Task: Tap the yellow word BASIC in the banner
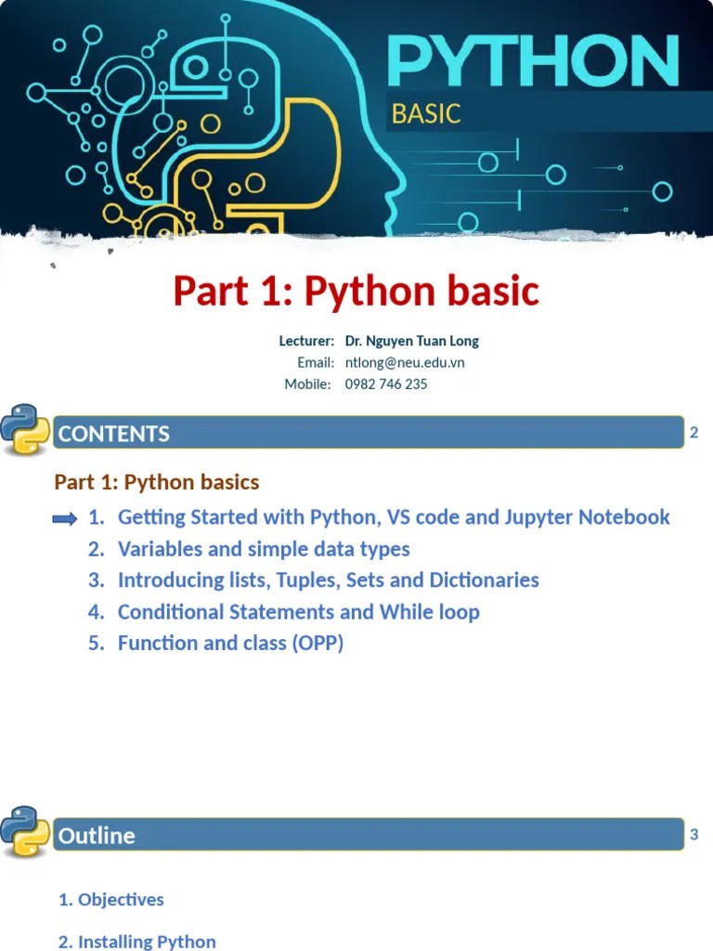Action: (x=426, y=114)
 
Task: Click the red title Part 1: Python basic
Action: (x=356, y=292)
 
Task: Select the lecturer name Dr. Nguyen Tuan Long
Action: (x=411, y=341)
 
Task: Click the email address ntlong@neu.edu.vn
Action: (x=405, y=362)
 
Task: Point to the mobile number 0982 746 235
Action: (x=386, y=384)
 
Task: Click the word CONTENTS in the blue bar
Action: (x=113, y=434)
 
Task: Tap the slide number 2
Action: (x=694, y=433)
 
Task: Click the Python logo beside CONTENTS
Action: (x=25, y=429)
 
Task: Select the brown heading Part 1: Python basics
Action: (x=157, y=482)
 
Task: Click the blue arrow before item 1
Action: (x=65, y=518)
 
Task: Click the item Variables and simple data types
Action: (x=264, y=549)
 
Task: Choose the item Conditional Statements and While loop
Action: (x=298, y=612)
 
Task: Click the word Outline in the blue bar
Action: (x=97, y=836)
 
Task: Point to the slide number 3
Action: (x=694, y=835)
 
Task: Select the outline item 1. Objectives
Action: (x=111, y=899)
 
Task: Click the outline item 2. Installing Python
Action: (x=137, y=941)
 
